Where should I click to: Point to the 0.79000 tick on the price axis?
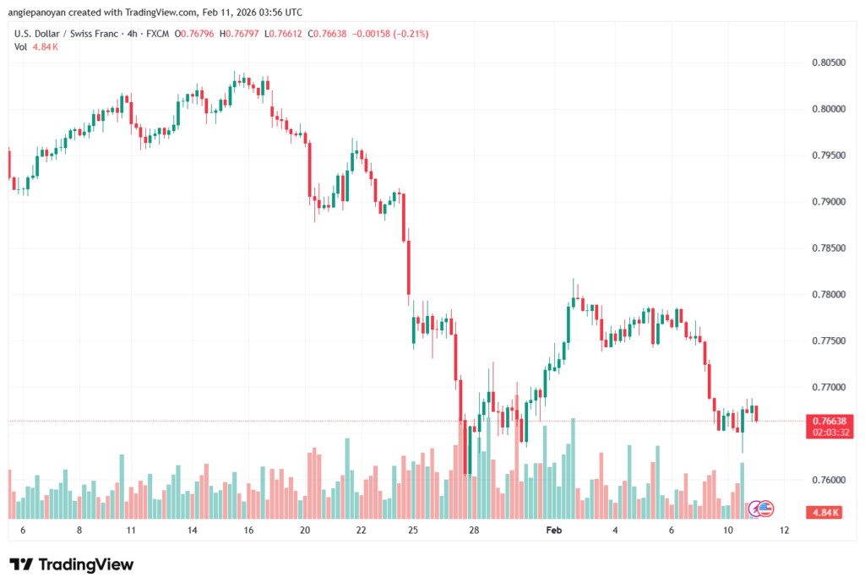(x=828, y=202)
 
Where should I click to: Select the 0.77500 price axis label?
(x=828, y=340)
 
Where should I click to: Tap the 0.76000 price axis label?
(x=828, y=480)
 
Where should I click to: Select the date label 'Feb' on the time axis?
(x=554, y=531)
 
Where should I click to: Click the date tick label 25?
(x=413, y=531)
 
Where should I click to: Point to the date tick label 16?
(x=249, y=531)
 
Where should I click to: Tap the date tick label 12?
(x=784, y=531)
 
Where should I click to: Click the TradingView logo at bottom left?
(x=72, y=564)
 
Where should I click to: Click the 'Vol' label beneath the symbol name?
(x=21, y=46)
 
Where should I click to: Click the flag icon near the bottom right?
(x=764, y=508)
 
